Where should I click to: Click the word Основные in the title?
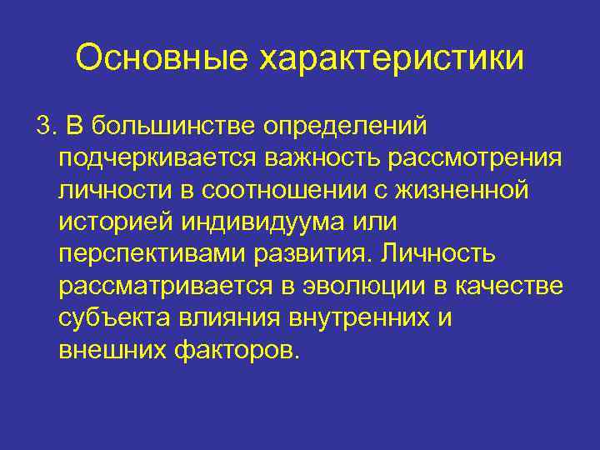click(x=160, y=58)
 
